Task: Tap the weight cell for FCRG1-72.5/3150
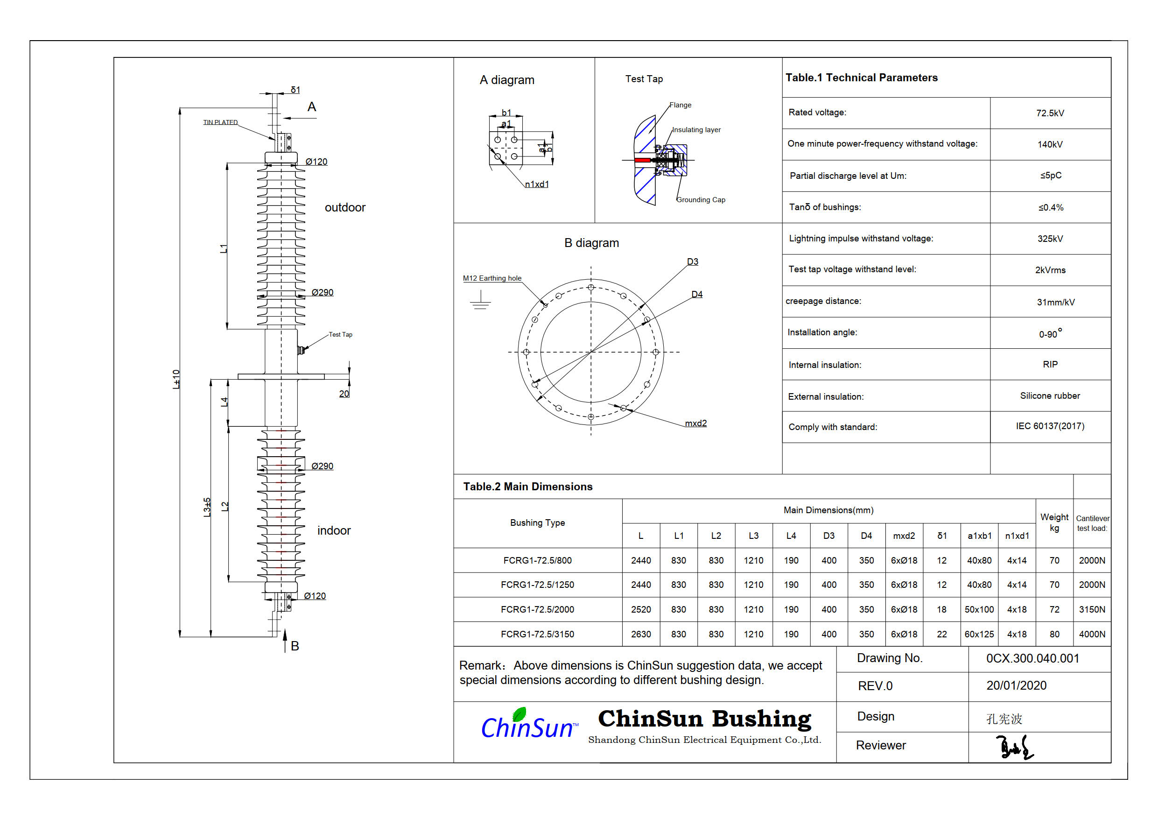point(1054,634)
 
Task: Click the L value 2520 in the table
point(640,610)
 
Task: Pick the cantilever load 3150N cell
point(1091,610)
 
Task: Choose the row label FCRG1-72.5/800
point(537,561)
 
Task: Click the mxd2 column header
point(904,536)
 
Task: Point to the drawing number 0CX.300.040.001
point(1032,658)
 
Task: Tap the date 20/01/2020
point(1016,686)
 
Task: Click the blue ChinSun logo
point(527,726)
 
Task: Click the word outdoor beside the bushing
point(345,207)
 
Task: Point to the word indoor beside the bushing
point(334,530)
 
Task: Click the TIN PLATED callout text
point(220,122)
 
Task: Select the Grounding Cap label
point(701,200)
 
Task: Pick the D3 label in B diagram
point(693,262)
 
